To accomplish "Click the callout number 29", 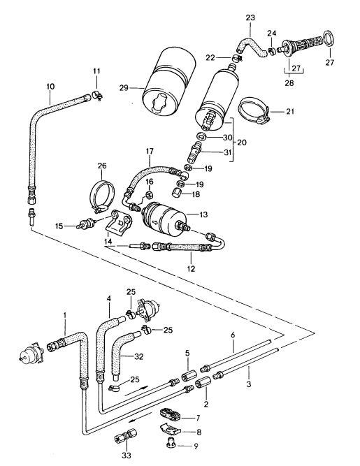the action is coord(124,87).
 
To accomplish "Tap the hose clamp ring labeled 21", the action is coord(254,110).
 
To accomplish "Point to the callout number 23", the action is coord(250,17).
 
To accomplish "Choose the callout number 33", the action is coord(127,455).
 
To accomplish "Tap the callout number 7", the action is coord(198,418).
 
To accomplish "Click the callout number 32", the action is coord(139,356).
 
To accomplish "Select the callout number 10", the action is coord(50,87).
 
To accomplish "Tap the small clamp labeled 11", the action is coord(97,96).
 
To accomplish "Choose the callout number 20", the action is coord(242,143).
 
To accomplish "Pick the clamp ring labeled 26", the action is coord(102,196).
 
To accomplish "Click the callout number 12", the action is coord(191,269).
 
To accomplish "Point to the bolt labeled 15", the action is coord(85,223).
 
